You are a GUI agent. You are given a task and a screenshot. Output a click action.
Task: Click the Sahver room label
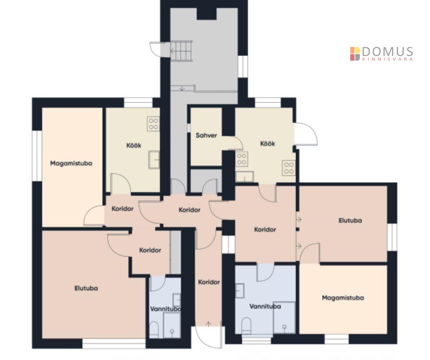[x=206, y=135]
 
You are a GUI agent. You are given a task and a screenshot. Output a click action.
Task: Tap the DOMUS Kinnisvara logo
[x=381, y=54]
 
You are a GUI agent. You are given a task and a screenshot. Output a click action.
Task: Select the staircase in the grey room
[x=181, y=51]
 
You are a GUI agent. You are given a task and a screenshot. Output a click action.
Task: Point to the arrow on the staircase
[x=173, y=51]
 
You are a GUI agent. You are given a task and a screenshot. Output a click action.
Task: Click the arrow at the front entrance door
[x=209, y=324]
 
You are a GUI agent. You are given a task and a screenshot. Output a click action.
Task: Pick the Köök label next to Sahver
[x=267, y=143]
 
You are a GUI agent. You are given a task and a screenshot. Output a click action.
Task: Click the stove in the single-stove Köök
[x=153, y=124]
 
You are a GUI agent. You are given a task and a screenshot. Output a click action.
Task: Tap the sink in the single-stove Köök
[x=154, y=159]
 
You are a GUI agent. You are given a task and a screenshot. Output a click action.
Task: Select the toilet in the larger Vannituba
[x=246, y=325]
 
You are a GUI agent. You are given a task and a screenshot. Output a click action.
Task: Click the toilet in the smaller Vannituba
[x=154, y=330]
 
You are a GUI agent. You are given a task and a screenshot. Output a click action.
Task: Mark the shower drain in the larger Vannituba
[x=284, y=326]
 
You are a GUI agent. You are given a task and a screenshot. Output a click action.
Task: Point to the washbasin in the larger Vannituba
[x=240, y=290]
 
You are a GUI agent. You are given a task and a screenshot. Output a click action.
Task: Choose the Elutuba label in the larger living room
[x=86, y=288]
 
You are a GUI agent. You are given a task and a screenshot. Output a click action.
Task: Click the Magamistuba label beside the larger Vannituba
[x=343, y=298]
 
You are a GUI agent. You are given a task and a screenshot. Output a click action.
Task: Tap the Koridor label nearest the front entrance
[x=209, y=282]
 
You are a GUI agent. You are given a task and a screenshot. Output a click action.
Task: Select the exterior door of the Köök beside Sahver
[x=306, y=134]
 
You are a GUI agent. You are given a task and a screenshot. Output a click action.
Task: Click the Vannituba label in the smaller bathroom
[x=165, y=309]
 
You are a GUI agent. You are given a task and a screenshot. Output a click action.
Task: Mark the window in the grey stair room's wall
[x=243, y=66]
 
